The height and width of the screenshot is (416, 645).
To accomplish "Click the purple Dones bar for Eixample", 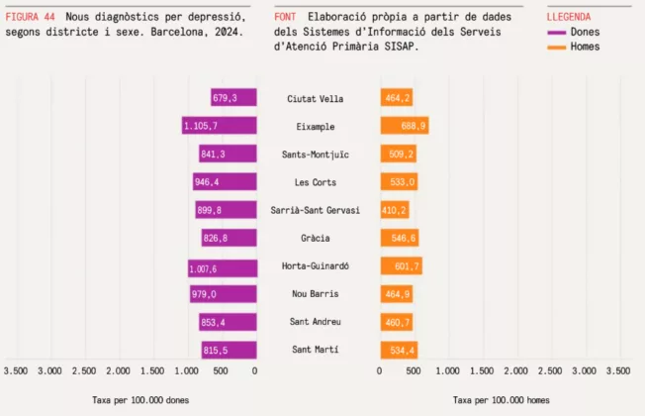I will tap(220, 126).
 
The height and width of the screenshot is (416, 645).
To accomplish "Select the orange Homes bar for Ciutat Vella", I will tap(396, 98).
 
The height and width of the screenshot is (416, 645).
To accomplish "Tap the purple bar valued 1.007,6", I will tap(223, 266).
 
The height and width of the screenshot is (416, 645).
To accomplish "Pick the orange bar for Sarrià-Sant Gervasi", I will tap(394, 210).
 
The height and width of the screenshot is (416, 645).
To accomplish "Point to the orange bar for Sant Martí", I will tap(399, 350).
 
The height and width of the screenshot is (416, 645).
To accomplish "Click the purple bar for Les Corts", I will tap(225, 182).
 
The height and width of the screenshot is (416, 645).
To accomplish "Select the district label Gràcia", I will tap(315, 239).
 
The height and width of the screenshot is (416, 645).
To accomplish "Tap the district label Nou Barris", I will tap(315, 294).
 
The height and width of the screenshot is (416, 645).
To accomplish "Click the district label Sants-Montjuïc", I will tap(315, 155).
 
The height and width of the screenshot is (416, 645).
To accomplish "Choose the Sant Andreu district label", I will tap(315, 322).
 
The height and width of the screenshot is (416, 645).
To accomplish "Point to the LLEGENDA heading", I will tap(569, 17).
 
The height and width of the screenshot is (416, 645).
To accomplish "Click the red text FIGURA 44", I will tap(31, 17).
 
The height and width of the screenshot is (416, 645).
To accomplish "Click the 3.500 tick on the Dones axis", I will tap(16, 371).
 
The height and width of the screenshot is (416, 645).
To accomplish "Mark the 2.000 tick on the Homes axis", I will tap(515, 371).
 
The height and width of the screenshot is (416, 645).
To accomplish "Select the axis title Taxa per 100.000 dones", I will tap(139, 400).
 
